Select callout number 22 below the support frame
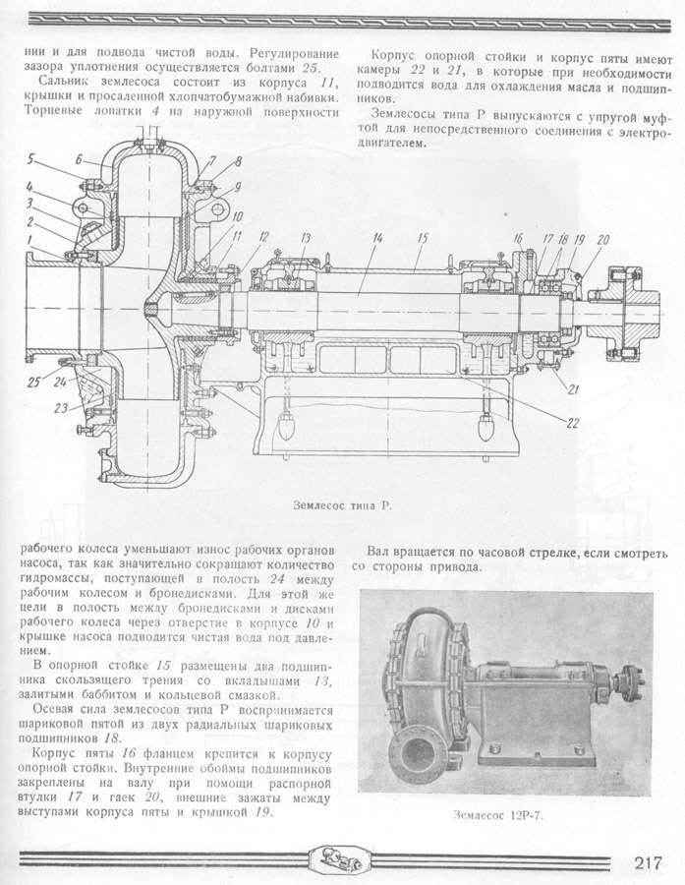click(570, 424)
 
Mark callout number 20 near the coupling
click(602, 239)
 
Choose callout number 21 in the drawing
click(572, 389)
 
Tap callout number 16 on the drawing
click(517, 239)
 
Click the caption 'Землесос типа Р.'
click(342, 505)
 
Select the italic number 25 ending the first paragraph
click(312, 67)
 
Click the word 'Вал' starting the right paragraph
click(380, 552)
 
